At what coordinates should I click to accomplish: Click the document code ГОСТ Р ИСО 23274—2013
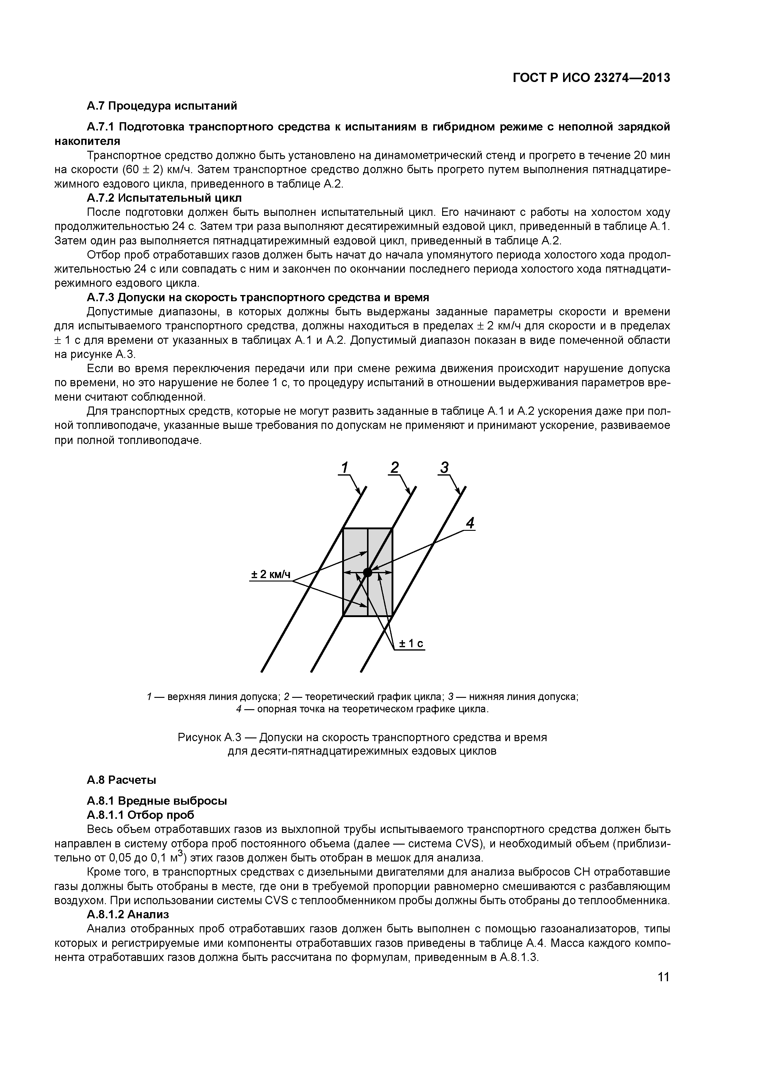[591, 78]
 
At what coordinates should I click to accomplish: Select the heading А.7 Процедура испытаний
[162, 106]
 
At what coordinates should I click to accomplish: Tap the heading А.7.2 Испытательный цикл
[164, 198]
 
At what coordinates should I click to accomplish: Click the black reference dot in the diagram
[368, 572]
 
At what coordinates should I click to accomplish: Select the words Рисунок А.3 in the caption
[209, 737]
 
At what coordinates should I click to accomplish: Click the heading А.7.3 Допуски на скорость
[258, 297]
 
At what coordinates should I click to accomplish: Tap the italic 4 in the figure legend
[239, 709]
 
